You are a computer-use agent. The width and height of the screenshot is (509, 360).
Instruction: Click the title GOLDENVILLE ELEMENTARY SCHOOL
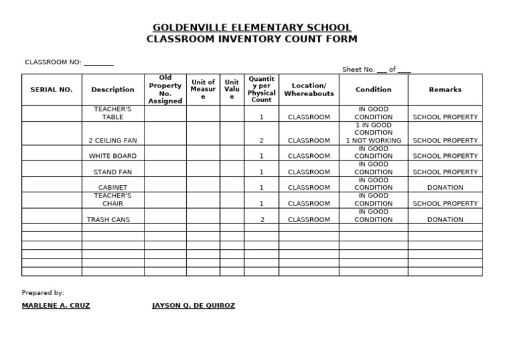point(252,28)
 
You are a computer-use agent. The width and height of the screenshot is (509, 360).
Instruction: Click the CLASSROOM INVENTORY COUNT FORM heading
point(252,39)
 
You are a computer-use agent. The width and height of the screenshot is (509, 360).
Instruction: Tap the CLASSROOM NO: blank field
point(99,63)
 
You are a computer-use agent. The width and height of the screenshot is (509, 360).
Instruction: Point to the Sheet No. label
point(359,70)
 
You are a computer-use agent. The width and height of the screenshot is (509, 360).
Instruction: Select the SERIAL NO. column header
point(52,90)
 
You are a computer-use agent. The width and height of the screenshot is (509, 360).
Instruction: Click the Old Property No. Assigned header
point(165,90)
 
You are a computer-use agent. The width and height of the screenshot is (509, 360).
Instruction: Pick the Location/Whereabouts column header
point(309,90)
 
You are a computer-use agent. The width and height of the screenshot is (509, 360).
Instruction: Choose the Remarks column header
point(445,90)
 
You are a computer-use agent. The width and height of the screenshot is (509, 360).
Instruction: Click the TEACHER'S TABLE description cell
point(113,113)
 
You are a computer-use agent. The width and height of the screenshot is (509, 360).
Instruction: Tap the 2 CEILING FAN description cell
point(113,141)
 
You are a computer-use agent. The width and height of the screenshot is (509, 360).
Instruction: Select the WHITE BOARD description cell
point(113,156)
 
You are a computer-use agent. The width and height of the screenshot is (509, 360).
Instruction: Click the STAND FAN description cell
point(113,172)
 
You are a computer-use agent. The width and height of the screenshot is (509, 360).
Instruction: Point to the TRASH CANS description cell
point(109,219)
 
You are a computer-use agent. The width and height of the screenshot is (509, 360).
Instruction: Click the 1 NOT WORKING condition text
point(374,141)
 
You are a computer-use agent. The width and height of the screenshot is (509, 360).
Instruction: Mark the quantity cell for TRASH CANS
point(262,219)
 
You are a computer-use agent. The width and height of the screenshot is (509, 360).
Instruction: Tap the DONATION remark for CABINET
point(445,188)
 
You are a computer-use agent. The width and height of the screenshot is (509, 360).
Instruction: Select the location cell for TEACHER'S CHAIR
point(309,204)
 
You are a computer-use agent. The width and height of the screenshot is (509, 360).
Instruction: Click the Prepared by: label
point(43,292)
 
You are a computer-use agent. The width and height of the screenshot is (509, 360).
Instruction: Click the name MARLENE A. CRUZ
point(56,306)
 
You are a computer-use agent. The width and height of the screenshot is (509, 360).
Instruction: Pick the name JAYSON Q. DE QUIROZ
point(194,306)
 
